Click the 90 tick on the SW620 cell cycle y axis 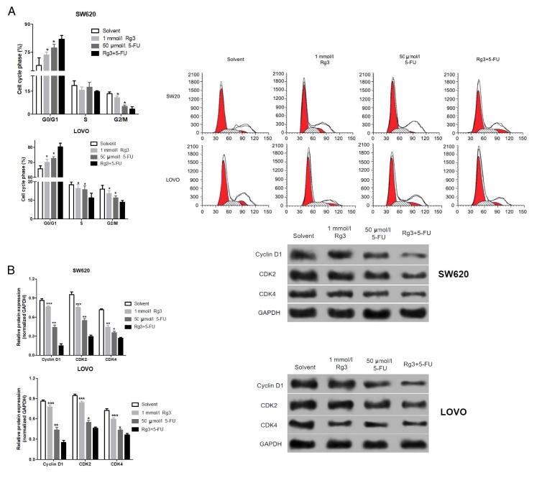(x=28, y=24)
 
